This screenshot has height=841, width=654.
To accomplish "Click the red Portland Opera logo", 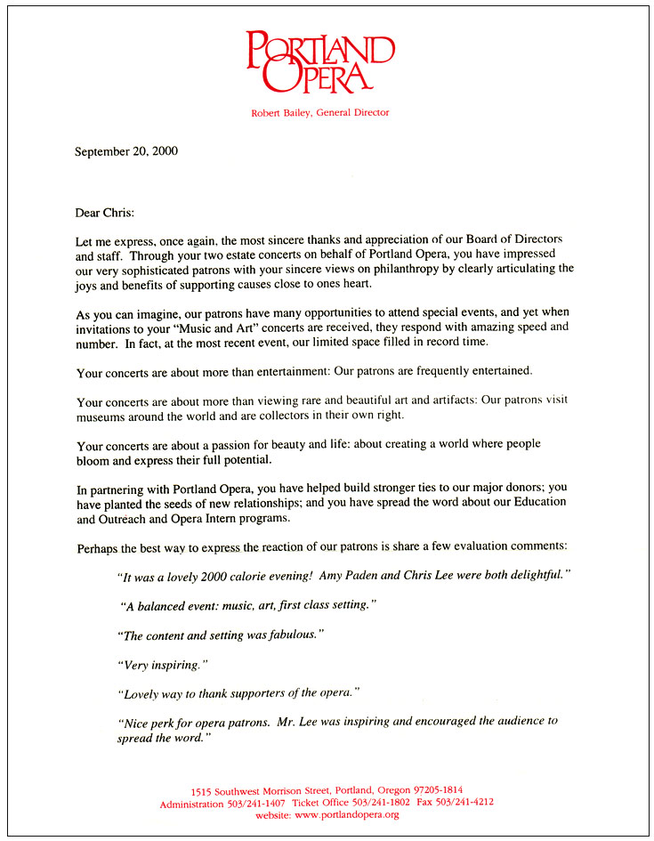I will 319,61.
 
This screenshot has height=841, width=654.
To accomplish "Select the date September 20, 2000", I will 126,151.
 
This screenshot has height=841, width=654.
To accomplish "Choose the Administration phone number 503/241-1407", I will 256,803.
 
